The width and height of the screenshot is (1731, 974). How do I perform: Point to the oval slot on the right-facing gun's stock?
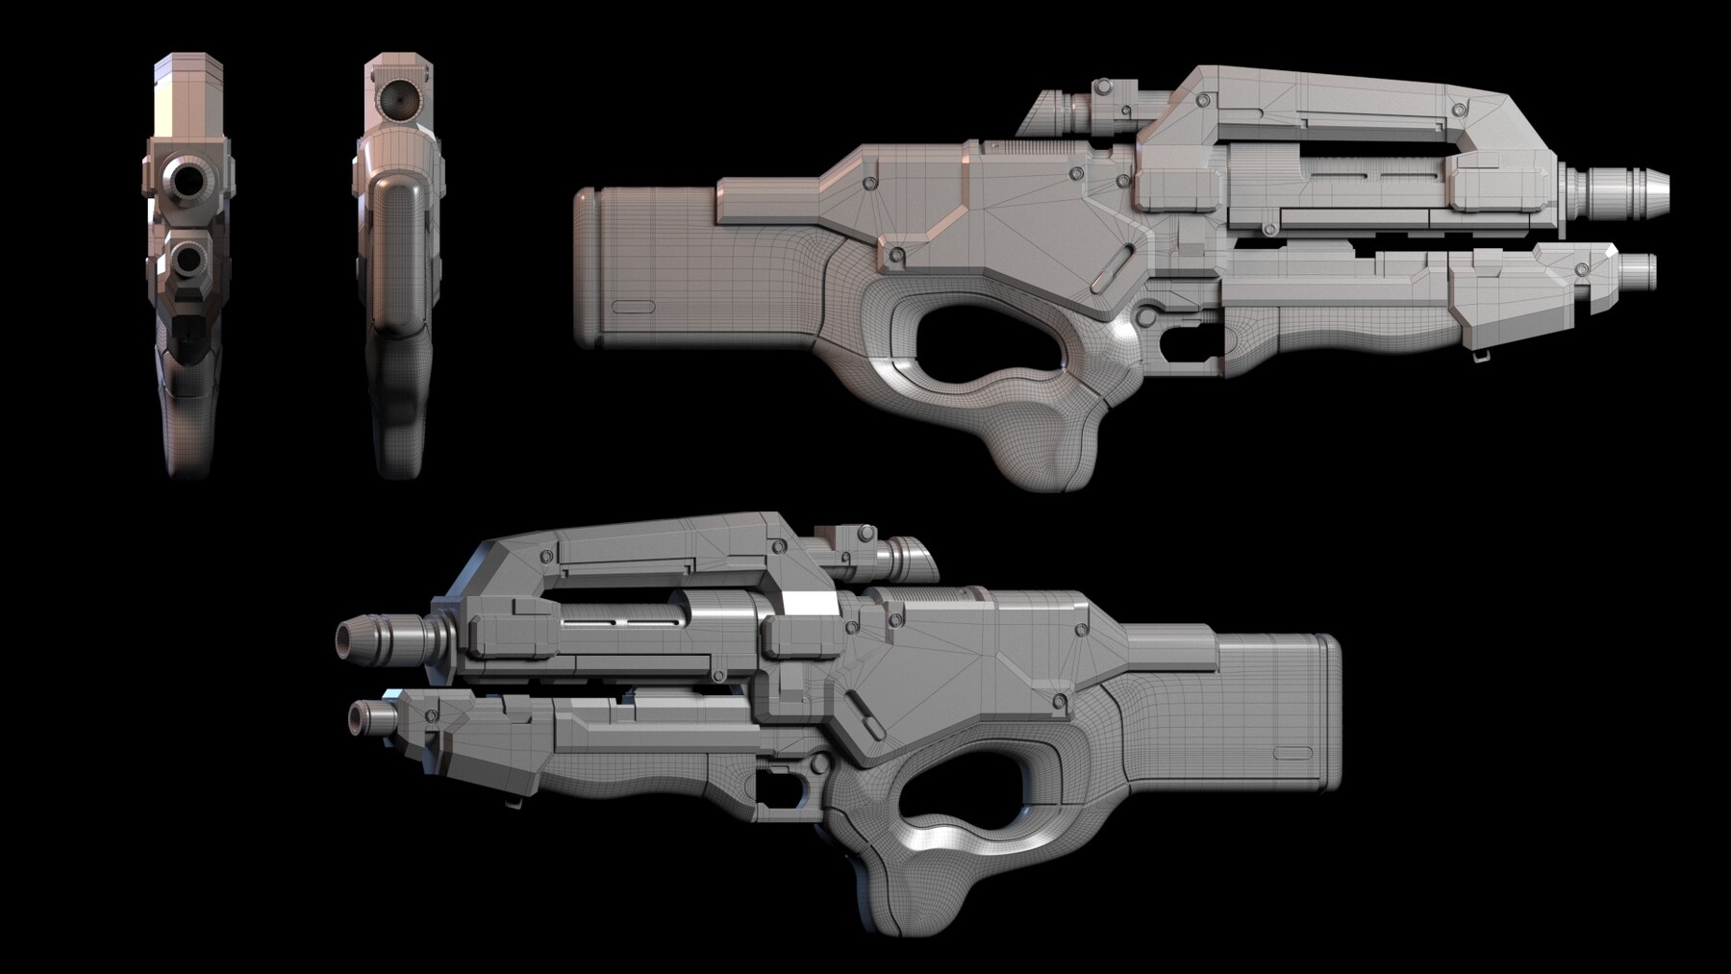point(633,307)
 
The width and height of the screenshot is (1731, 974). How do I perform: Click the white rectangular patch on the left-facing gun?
point(811,603)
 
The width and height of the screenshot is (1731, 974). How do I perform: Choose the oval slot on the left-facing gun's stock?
point(1292,754)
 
